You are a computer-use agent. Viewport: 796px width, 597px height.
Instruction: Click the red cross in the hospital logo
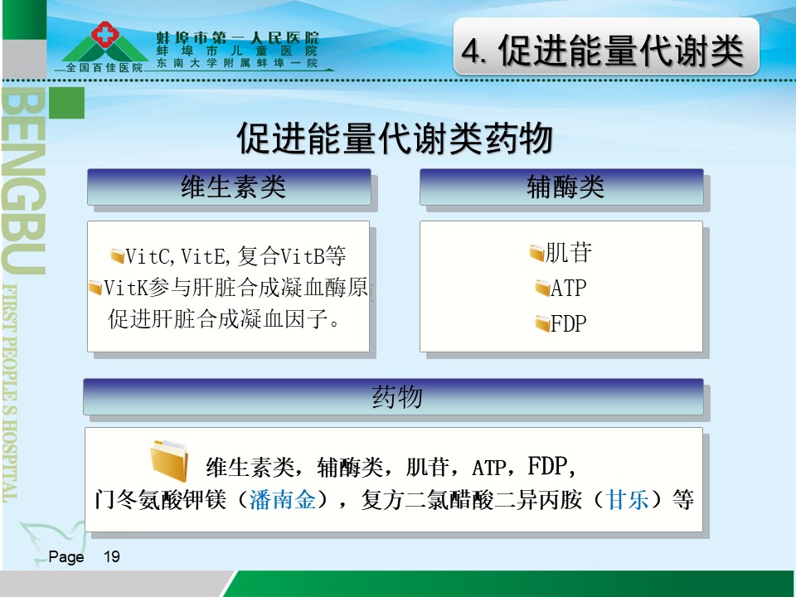pyautogui.click(x=105, y=34)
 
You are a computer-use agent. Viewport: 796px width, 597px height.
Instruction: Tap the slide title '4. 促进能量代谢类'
pyautogui.click(x=603, y=51)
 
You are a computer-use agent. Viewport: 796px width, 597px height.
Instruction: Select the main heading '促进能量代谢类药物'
pyautogui.click(x=395, y=138)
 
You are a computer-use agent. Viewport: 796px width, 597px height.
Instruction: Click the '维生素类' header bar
pyautogui.click(x=229, y=187)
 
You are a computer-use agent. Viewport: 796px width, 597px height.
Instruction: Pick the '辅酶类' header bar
pyautogui.click(x=561, y=187)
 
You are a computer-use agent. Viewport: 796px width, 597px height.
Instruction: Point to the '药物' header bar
pyautogui.click(x=393, y=396)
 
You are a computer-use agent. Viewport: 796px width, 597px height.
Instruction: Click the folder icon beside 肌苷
pyautogui.click(x=536, y=252)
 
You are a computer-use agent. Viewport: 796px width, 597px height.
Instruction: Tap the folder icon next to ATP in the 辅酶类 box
pyautogui.click(x=542, y=288)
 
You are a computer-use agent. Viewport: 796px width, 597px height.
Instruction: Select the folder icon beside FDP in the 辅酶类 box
pyautogui.click(x=542, y=323)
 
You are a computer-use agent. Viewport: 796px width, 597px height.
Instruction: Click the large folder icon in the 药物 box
pyautogui.click(x=169, y=460)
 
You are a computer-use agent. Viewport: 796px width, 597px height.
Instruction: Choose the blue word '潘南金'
pyautogui.click(x=282, y=499)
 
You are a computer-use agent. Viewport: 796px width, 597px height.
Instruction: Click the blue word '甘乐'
pyautogui.click(x=628, y=499)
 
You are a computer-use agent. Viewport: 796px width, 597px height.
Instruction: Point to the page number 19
pyautogui.click(x=112, y=556)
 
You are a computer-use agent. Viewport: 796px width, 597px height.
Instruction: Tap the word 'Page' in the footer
pyautogui.click(x=66, y=557)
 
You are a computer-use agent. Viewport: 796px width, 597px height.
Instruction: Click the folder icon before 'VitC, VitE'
pyautogui.click(x=117, y=256)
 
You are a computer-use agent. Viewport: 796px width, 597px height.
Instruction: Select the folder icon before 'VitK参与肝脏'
pyautogui.click(x=95, y=288)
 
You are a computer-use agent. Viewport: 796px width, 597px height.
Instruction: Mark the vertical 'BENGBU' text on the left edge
pyautogui.click(x=23, y=181)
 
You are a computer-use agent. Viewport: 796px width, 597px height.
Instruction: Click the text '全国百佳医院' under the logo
pyautogui.click(x=104, y=67)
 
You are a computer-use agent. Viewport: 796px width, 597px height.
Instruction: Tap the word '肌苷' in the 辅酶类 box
pyautogui.click(x=569, y=252)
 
